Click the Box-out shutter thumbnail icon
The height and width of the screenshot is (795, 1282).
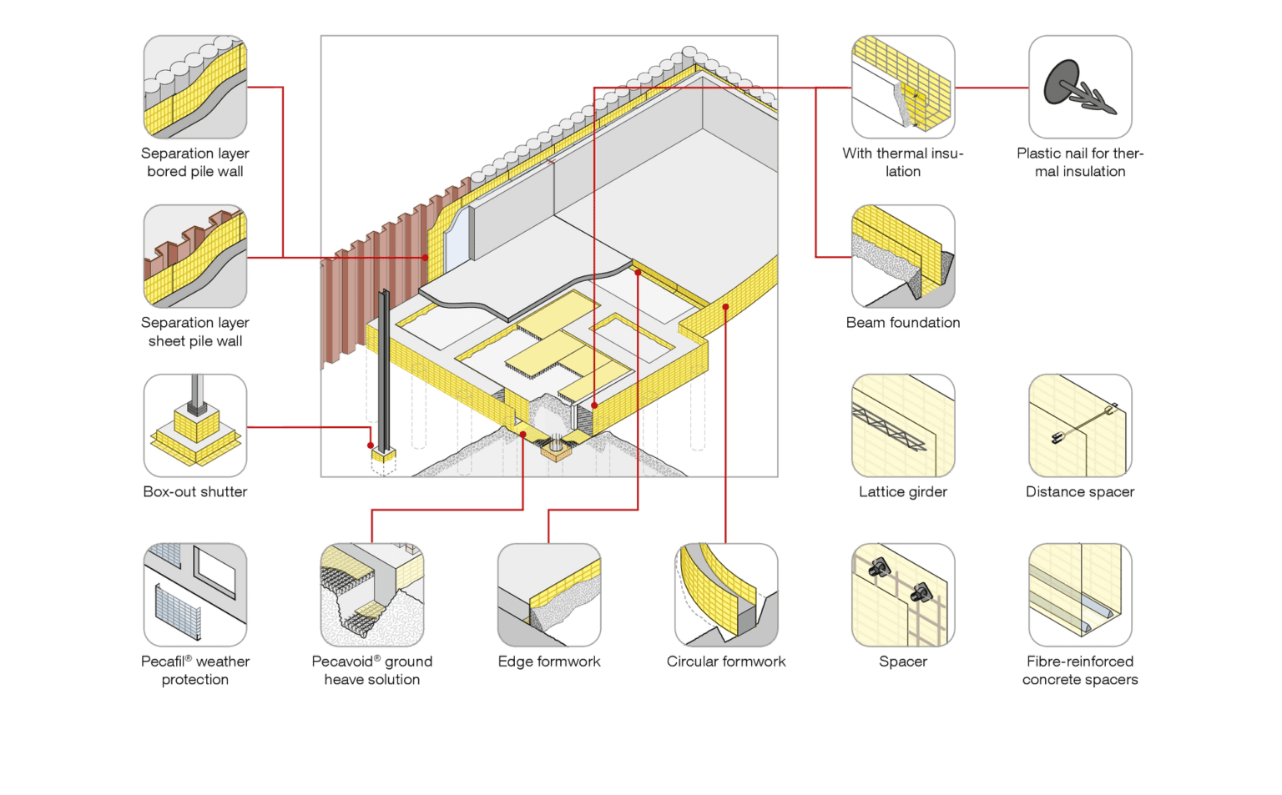[195, 425]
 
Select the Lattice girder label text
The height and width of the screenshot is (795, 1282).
[903, 492]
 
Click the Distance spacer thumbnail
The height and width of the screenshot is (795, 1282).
[1080, 425]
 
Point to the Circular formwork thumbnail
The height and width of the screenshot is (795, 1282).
[726, 595]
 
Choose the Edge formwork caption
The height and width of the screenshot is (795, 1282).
[549, 662]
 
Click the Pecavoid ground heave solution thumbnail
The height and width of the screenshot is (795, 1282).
[372, 595]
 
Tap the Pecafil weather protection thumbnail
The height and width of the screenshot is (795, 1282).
[195, 595]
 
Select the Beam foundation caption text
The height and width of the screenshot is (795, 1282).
[903, 323]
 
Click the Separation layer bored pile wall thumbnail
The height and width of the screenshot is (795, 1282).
[195, 87]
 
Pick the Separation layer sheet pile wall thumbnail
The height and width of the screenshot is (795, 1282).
[195, 256]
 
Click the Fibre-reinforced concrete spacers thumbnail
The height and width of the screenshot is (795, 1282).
[1080, 595]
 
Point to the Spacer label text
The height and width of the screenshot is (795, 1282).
[903, 662]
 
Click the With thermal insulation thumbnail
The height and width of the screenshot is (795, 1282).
[903, 87]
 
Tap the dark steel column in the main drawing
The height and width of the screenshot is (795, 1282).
[384, 367]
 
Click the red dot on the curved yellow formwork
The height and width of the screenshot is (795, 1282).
[726, 307]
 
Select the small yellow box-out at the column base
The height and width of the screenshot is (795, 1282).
[384, 455]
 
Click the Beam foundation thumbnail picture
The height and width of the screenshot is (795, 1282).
[903, 256]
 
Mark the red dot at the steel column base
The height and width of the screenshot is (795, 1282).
[371, 445]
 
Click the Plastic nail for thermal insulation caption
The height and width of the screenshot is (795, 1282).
[1080, 162]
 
